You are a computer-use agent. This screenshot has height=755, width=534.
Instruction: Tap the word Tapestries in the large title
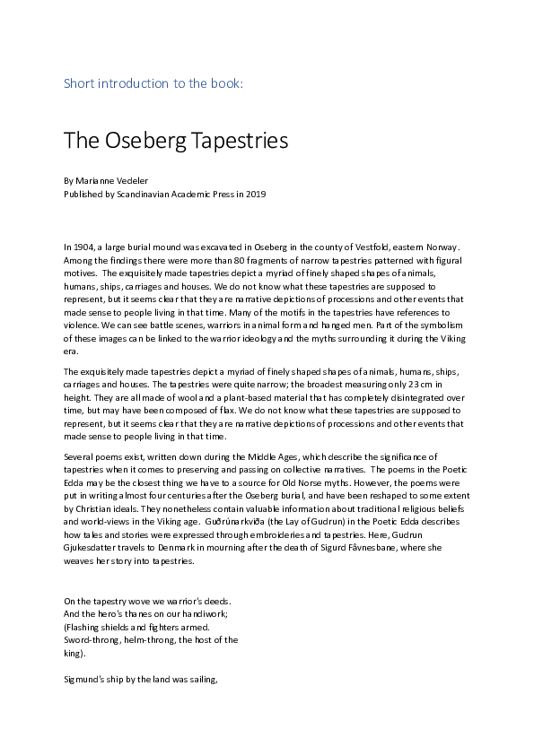(x=241, y=141)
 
